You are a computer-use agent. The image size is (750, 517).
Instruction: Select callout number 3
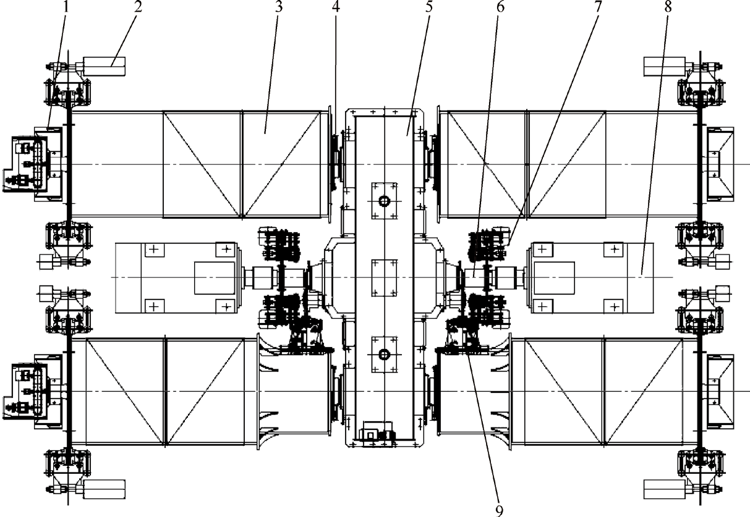276,9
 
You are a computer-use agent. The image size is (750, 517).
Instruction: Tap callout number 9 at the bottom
500,510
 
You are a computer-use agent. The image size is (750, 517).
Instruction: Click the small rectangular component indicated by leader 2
104,64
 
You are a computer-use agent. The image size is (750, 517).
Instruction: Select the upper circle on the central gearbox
384,201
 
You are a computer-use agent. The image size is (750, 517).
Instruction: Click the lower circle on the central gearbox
384,355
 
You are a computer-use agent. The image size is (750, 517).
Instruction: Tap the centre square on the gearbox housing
384,278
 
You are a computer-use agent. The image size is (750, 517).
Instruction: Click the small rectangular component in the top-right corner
663,64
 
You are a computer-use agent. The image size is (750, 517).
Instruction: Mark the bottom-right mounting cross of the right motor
613,305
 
